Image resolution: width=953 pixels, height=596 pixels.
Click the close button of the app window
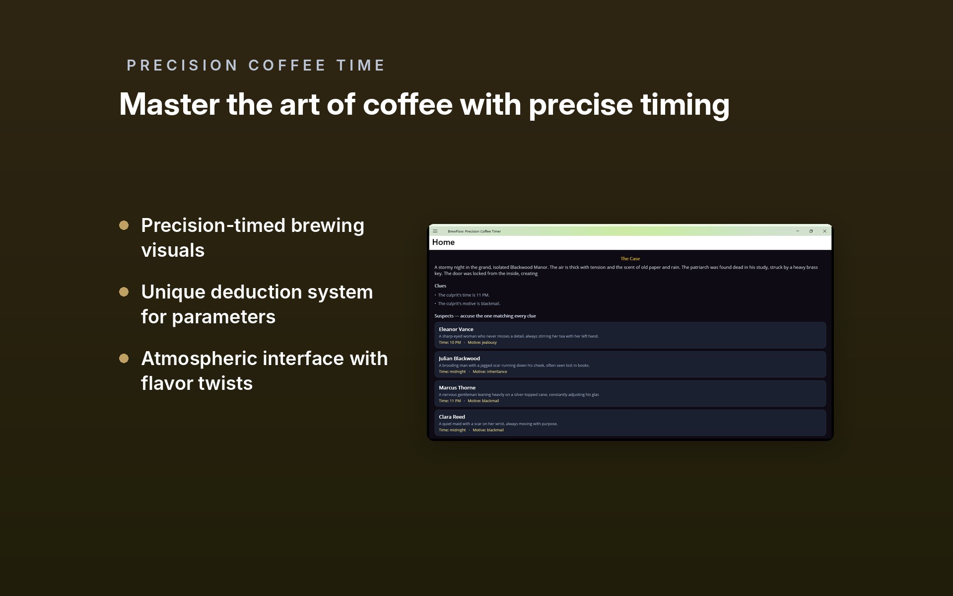[x=824, y=231]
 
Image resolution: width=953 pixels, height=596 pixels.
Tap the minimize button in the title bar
[x=798, y=231]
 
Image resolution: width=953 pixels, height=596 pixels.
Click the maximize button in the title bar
[x=811, y=231]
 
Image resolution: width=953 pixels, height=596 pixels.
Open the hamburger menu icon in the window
[x=435, y=231]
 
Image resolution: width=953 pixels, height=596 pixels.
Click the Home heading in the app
[x=443, y=242]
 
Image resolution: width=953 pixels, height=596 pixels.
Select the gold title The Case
[x=630, y=259]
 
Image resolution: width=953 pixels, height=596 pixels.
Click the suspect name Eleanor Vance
[x=456, y=329]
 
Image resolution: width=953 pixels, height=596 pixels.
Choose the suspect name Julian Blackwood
[x=459, y=359]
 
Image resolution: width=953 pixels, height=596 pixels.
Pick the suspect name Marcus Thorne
[x=457, y=388]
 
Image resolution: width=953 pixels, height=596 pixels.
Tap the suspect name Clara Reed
[x=452, y=417]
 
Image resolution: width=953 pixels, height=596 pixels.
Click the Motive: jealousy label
[x=482, y=343]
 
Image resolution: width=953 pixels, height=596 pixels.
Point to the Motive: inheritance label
[x=490, y=372]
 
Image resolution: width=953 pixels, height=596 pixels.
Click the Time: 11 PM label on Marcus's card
[x=450, y=401]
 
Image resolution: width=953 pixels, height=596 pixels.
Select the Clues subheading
[x=440, y=286]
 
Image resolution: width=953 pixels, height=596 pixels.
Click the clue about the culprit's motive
[x=469, y=303]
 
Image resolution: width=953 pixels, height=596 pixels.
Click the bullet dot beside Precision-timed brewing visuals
[x=124, y=225]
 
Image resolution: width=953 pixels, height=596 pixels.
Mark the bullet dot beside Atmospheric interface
[x=124, y=359]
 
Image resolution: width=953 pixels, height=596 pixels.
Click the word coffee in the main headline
[x=408, y=104]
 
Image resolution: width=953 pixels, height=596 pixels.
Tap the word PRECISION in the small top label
[x=182, y=66]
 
